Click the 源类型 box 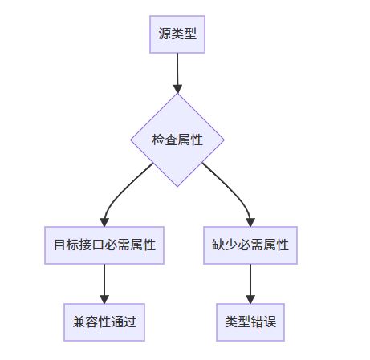(177, 34)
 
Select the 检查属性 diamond (177, 140)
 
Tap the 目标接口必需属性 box (104, 245)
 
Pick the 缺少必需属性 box (250, 245)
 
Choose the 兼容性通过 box (104, 322)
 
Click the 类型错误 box (250, 322)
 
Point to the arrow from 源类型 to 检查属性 (177, 73)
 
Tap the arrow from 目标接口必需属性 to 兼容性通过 (104, 284)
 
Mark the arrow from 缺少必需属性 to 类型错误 (250, 284)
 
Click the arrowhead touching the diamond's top (177, 89)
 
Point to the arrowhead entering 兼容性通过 (104, 299)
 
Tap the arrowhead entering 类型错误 (250, 299)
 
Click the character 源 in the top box (165, 34)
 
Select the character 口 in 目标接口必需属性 (98, 245)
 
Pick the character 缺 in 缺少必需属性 (218, 245)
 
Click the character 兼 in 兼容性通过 (79, 322)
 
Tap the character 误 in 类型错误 (270, 322)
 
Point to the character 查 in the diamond (171, 140)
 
